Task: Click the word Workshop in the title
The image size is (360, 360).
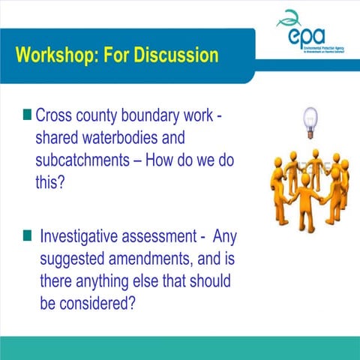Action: (x=53, y=55)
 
